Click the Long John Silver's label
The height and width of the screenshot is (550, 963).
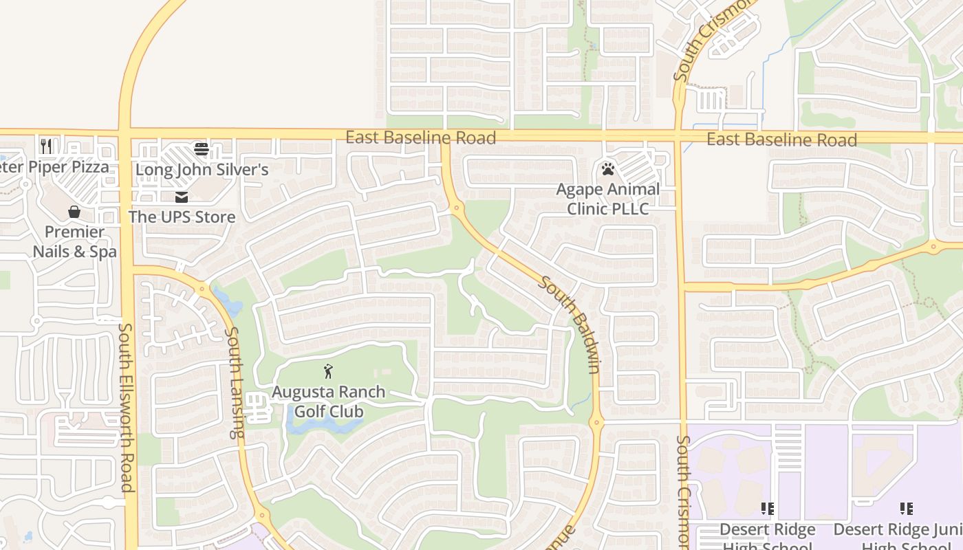click(202, 169)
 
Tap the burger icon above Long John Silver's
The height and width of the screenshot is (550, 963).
click(202, 148)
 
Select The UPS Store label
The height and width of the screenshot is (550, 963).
click(182, 217)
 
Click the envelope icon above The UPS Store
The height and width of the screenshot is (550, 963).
click(182, 197)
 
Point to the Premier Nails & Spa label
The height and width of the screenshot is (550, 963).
click(74, 241)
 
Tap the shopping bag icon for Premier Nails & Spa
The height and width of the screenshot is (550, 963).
click(74, 212)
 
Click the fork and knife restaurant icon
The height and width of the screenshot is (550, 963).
click(46, 146)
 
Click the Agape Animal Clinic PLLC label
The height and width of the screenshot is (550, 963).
click(607, 199)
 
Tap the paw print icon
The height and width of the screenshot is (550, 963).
click(607, 168)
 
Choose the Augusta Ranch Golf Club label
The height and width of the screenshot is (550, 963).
click(328, 401)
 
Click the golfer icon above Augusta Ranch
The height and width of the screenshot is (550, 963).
click(328, 372)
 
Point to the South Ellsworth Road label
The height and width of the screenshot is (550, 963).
click(126, 408)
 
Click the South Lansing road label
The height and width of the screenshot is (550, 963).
click(235, 382)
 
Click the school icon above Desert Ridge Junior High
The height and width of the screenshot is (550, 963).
click(907, 509)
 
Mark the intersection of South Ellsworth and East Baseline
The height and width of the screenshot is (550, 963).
click(125, 133)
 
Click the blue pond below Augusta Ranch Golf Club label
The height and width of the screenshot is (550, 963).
click(323, 426)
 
